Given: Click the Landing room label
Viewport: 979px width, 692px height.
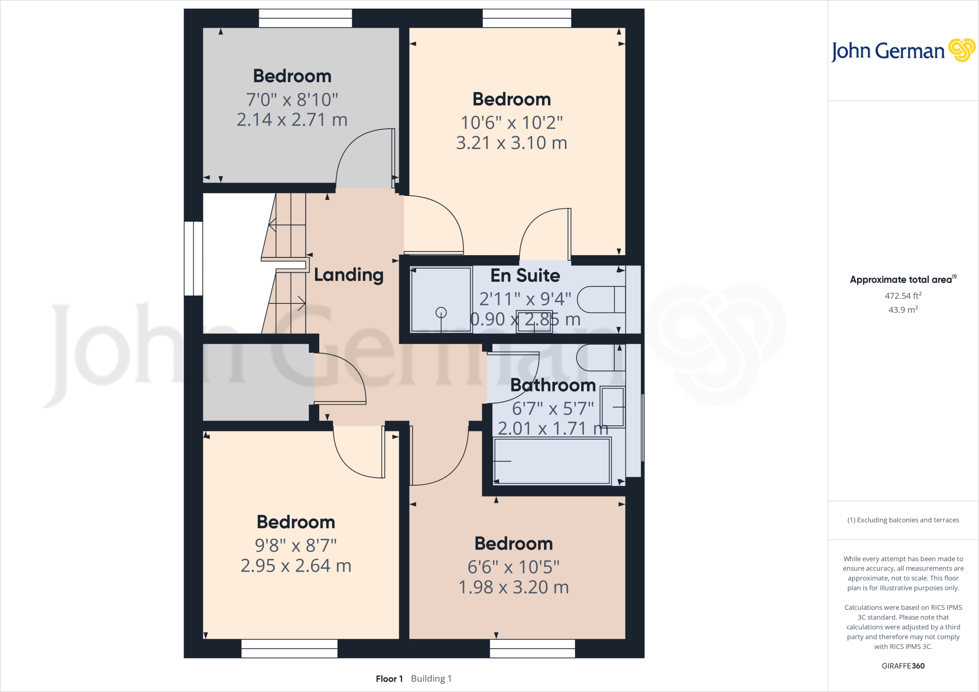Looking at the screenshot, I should (348, 275).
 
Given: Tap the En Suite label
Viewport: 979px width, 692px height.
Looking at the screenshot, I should (525, 275).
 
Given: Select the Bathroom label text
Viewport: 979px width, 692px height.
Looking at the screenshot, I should (553, 385).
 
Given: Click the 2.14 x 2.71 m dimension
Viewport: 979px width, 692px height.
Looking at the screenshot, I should (292, 119).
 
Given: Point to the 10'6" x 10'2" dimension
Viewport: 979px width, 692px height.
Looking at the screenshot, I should (511, 123).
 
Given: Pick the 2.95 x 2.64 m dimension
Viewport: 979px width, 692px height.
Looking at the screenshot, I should (296, 566).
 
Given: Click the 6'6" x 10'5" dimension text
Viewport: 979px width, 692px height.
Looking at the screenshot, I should (513, 567).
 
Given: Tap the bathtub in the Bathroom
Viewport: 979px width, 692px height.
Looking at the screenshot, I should (552, 461).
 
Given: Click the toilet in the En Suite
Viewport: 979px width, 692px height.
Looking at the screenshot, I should (601, 300).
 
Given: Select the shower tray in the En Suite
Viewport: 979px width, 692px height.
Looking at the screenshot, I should (441, 300).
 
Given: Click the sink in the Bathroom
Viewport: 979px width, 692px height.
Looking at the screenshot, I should (613, 407).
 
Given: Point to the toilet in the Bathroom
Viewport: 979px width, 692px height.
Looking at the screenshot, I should (600, 357).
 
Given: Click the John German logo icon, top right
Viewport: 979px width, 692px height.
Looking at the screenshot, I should (961, 50).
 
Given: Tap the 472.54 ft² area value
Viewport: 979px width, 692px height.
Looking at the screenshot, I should (903, 296).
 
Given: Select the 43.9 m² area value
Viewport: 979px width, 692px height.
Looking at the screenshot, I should (903, 310).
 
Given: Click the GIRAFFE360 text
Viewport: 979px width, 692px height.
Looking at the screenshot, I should (903, 666).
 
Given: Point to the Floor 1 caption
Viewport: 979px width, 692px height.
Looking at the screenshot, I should (389, 679).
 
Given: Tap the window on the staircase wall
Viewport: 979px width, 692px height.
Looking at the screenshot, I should (194, 259).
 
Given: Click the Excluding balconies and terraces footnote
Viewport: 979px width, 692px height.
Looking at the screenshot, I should (903, 520).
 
